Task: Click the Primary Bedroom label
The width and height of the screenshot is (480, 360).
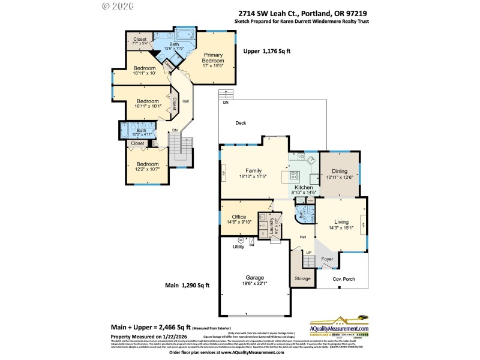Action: [x=212, y=58]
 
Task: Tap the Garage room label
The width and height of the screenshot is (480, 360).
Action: [x=256, y=278]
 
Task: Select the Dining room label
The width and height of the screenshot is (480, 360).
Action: [x=339, y=170]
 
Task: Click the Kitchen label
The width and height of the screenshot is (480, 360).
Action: [x=304, y=188]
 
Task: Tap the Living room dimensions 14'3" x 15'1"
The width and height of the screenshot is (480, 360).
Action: [x=341, y=227]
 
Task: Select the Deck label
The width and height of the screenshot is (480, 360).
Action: [x=241, y=123]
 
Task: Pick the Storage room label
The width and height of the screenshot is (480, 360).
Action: [x=302, y=278]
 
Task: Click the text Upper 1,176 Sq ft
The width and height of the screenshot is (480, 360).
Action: [x=266, y=52]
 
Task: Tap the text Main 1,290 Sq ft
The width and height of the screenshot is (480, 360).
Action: [x=187, y=285]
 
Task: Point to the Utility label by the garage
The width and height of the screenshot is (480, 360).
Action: [x=239, y=246]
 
